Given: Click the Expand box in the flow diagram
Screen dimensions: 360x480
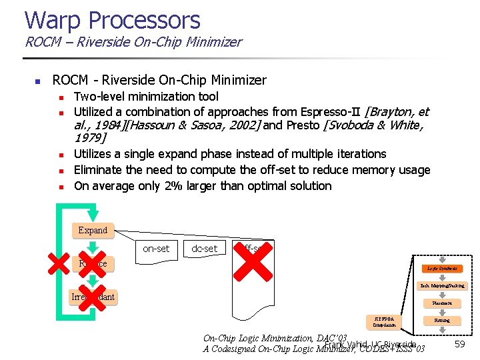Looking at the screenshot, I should coord(93,231).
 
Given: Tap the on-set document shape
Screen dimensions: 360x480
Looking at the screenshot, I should coord(156,249).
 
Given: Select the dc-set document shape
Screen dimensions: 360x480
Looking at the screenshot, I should coord(204,249).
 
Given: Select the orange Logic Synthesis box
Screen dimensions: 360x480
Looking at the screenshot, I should coord(442,269).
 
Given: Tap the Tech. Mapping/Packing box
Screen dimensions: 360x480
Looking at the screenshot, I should coord(442,286).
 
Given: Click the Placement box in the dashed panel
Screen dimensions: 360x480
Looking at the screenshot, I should coord(442,303).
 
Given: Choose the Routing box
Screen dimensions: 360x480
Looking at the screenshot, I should coord(442,321).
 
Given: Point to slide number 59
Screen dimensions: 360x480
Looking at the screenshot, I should coord(459,344).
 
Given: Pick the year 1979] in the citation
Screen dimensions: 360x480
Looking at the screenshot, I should coord(90,138).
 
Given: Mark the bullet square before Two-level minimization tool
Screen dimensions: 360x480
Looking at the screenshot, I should coord(60,97).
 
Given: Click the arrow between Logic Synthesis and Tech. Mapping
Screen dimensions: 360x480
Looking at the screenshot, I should coord(442,277).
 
